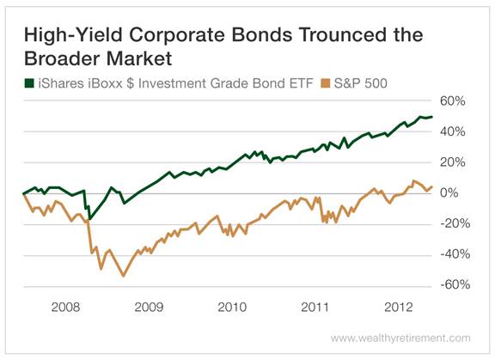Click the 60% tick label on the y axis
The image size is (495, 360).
[x=453, y=101]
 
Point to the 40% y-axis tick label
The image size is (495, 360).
[x=453, y=131]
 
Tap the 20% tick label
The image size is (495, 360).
[x=453, y=162]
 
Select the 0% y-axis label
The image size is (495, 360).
[x=456, y=193]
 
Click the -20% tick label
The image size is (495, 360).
[x=451, y=223]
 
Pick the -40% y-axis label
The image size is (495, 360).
[x=451, y=254]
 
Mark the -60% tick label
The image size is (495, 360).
[x=451, y=285]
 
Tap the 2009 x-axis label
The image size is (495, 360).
[x=148, y=305]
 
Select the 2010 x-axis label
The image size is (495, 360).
[x=231, y=305]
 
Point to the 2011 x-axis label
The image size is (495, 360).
[x=315, y=305]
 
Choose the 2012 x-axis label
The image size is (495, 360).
[x=398, y=305]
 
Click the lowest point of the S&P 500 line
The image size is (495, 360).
[x=124, y=276]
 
